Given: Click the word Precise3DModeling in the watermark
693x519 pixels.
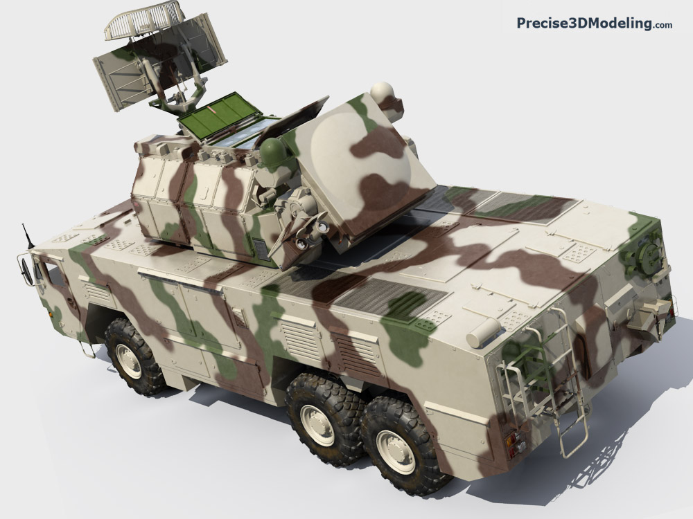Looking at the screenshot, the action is click(x=584, y=24).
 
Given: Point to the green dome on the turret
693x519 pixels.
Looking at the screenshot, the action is click(x=273, y=152).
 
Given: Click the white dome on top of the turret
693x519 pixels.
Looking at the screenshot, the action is click(x=382, y=93).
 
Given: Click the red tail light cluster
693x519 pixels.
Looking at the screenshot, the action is click(x=514, y=444).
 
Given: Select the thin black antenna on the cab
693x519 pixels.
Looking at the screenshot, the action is click(x=28, y=236).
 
